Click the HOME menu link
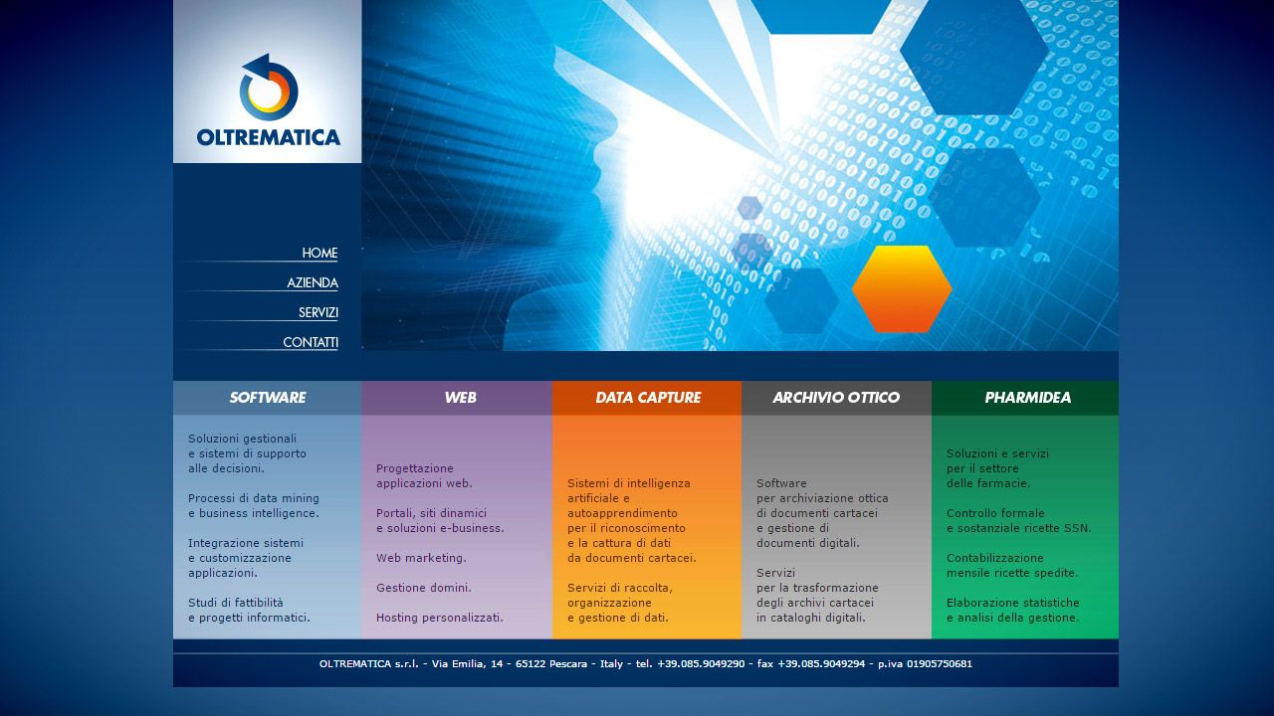(x=319, y=253)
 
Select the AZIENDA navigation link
(x=313, y=282)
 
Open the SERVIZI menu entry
(x=318, y=312)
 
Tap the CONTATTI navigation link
(x=311, y=342)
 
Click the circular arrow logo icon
(x=269, y=88)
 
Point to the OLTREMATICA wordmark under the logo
(x=269, y=137)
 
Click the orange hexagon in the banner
(x=902, y=288)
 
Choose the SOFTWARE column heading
(x=268, y=397)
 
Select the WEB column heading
(x=460, y=397)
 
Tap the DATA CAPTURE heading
(x=648, y=397)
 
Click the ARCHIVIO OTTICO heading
(x=836, y=397)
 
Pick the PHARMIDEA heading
(x=1028, y=397)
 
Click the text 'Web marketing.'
(x=421, y=558)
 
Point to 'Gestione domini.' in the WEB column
(x=424, y=588)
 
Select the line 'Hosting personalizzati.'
(x=440, y=618)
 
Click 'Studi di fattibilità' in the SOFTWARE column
(x=236, y=603)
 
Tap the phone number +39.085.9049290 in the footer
(x=701, y=663)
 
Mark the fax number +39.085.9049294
(x=821, y=663)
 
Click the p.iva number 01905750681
(x=940, y=663)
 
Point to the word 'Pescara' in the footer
(x=568, y=663)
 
